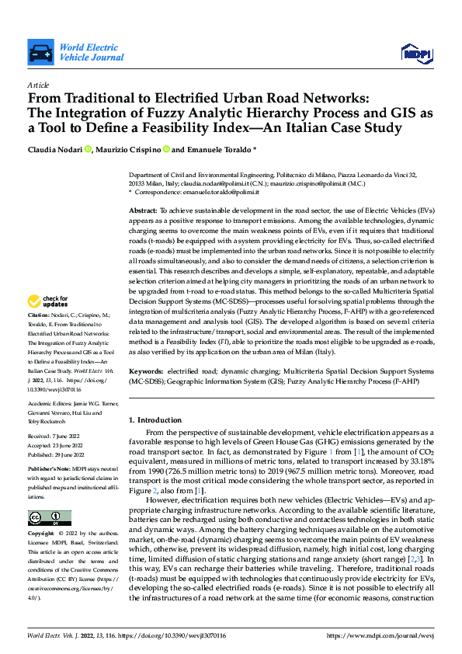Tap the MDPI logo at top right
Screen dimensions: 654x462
(x=416, y=53)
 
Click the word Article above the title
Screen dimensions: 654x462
(x=37, y=85)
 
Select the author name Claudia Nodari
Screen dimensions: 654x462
(x=55, y=149)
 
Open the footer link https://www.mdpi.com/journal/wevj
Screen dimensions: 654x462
(x=383, y=635)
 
